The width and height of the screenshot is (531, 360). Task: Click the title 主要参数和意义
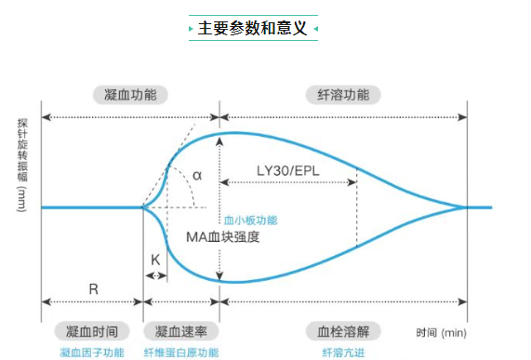click(x=252, y=28)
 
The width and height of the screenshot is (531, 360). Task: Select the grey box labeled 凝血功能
click(x=130, y=94)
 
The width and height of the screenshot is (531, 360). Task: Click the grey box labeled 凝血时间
click(x=91, y=331)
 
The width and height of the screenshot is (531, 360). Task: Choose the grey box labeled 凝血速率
click(x=181, y=331)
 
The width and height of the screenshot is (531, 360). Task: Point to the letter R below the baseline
click(x=94, y=288)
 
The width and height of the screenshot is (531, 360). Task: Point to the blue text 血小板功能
click(x=250, y=220)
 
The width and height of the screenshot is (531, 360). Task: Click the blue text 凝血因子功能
click(x=91, y=353)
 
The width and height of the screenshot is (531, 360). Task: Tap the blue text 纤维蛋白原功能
click(x=181, y=353)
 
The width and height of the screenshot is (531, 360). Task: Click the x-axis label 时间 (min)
click(x=441, y=332)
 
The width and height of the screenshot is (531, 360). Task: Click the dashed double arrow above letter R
click(x=93, y=302)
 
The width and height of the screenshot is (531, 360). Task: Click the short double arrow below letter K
click(x=155, y=274)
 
